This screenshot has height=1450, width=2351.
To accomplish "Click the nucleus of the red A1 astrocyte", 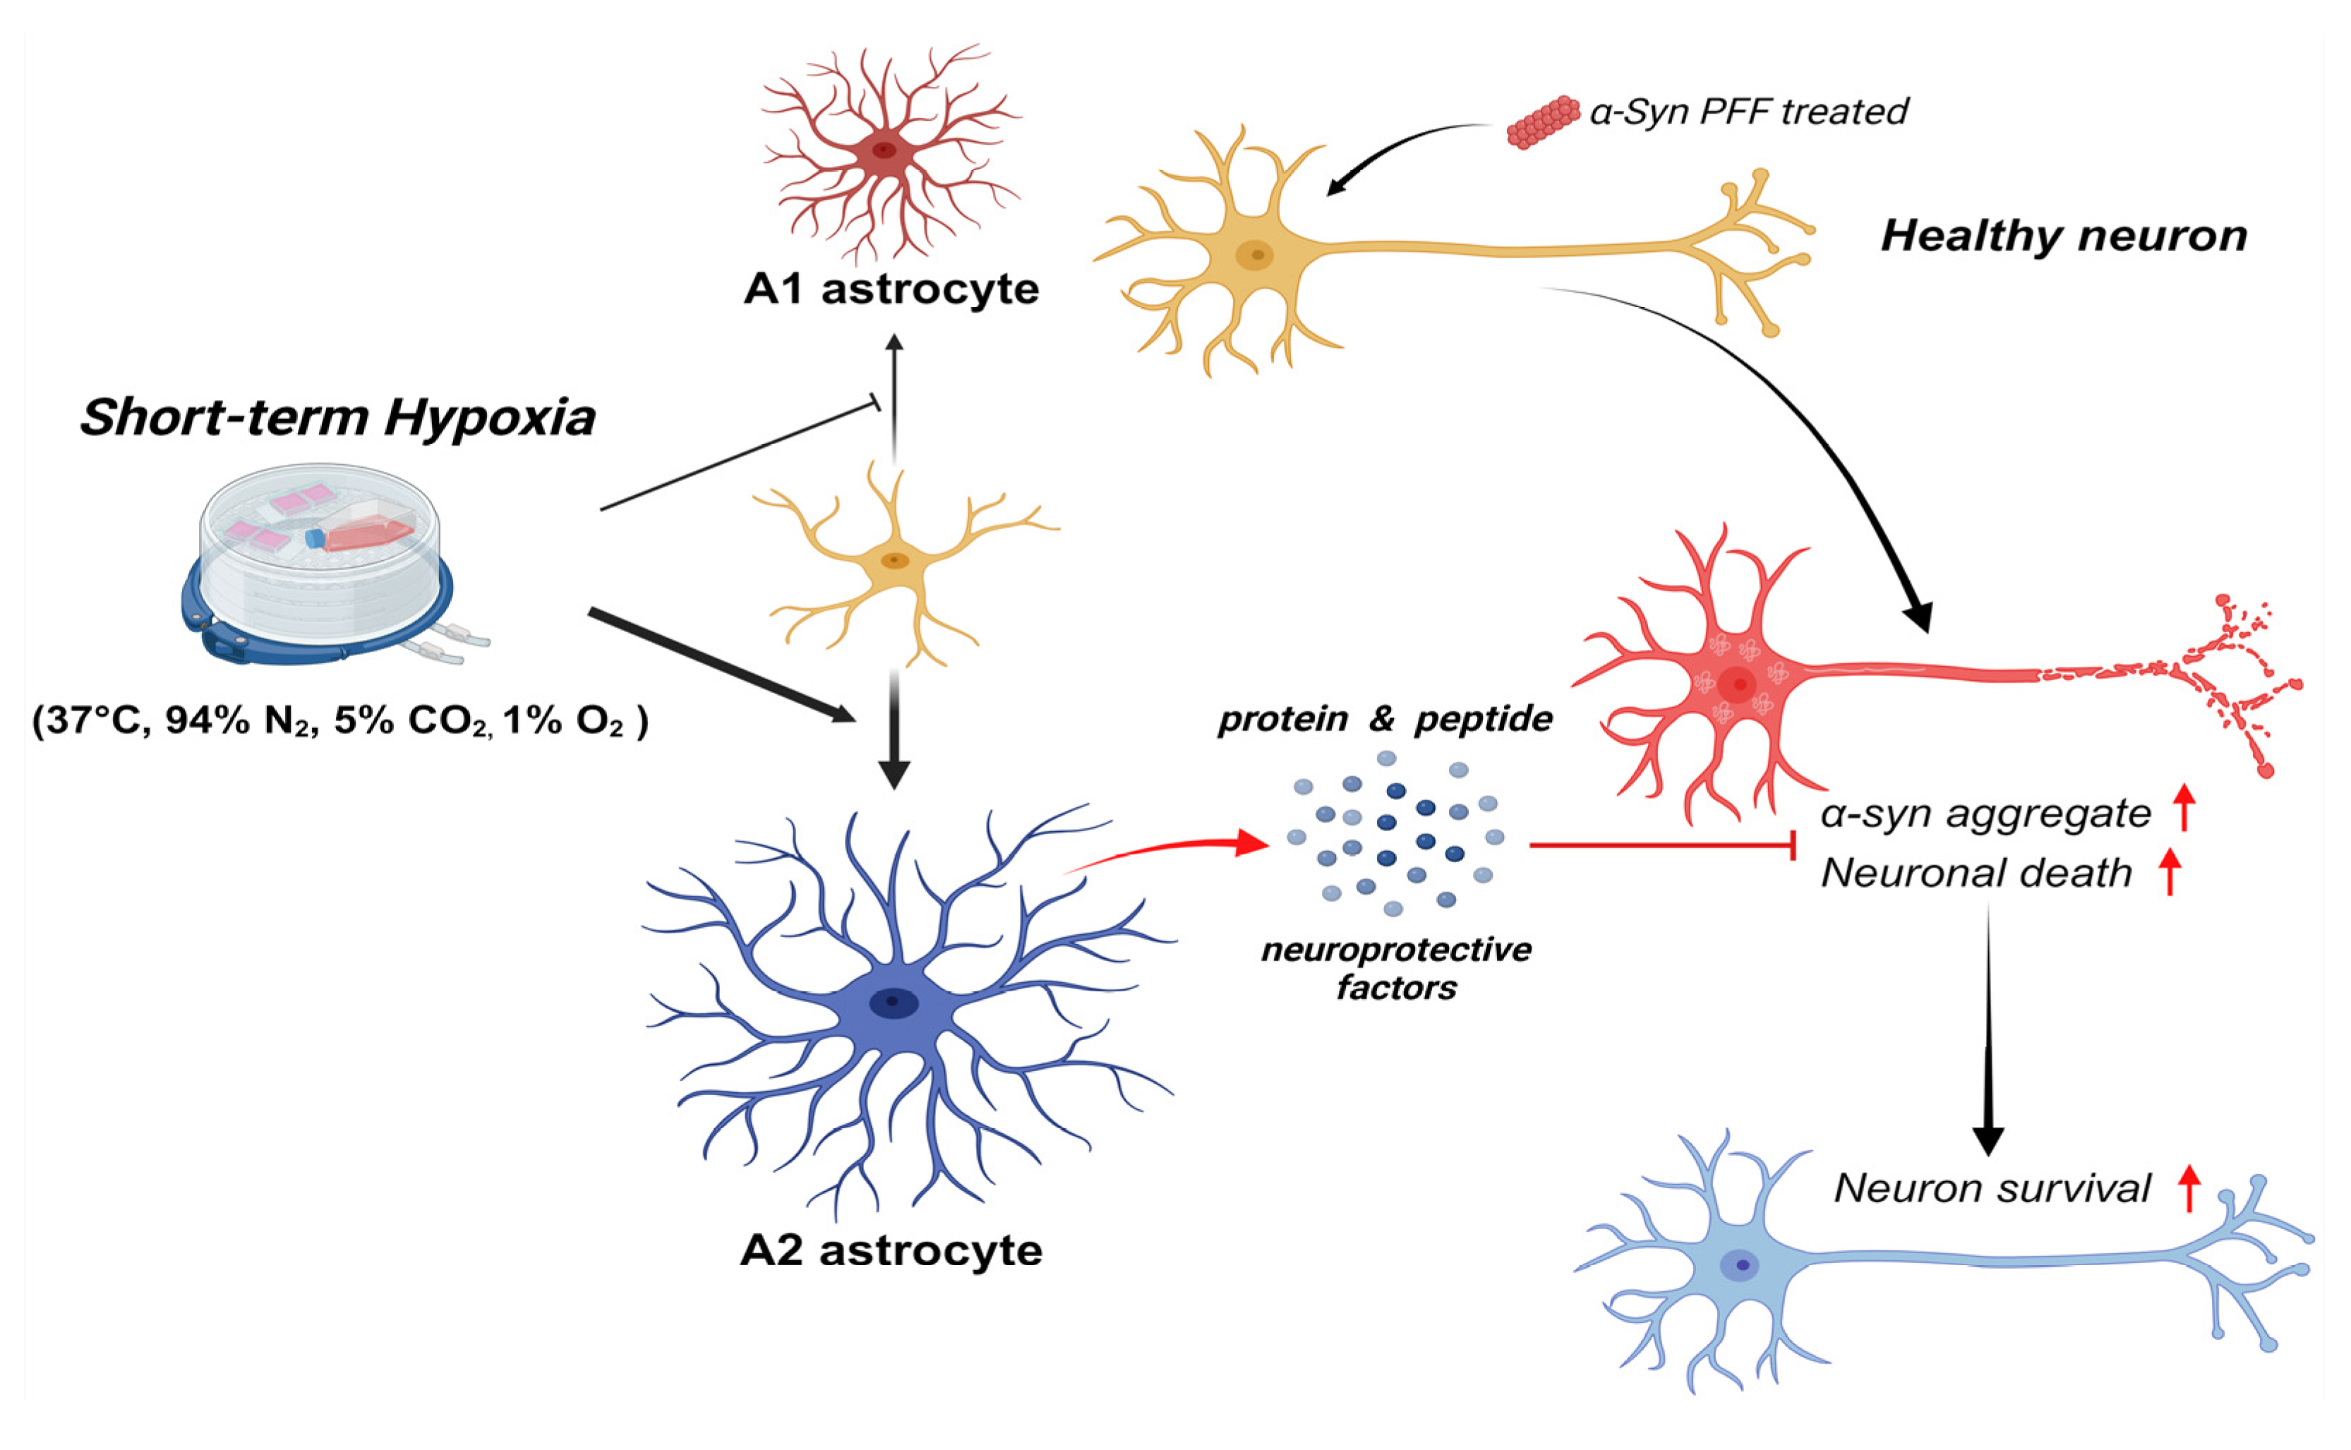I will (x=884, y=150).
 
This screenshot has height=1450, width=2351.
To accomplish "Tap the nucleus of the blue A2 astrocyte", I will (x=893, y=1002).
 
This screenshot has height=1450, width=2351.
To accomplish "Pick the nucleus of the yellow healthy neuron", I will (x=1255, y=255).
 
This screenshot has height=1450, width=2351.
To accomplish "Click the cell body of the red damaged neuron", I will (x=1736, y=683).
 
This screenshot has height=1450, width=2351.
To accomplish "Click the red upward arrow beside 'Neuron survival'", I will (x=2188, y=1188).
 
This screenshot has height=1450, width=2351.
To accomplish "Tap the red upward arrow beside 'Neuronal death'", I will (x=2170, y=873).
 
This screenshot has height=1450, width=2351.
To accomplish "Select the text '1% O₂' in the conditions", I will (x=565, y=721).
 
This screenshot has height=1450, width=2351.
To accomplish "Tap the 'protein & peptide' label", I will (x=1384, y=719).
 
